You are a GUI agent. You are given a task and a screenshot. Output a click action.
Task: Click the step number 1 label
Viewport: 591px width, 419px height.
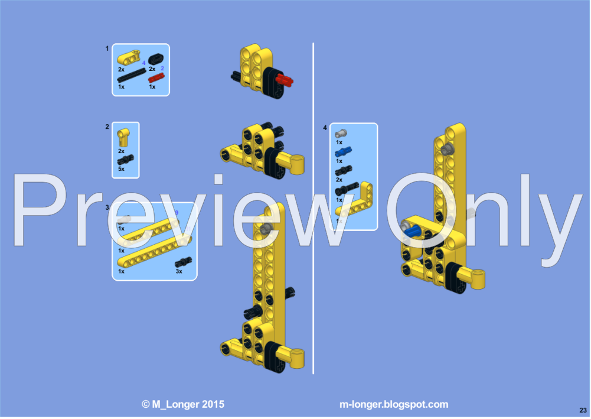tap(107, 48)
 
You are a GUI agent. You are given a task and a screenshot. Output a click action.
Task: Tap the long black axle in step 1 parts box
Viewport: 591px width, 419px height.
tap(132, 75)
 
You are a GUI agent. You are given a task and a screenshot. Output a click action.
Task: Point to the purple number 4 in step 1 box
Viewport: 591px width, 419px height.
tap(143, 63)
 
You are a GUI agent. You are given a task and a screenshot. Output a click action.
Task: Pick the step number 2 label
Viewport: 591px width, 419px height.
tap(107, 126)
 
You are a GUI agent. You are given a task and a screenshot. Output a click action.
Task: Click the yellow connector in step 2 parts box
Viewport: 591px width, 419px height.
tap(123, 138)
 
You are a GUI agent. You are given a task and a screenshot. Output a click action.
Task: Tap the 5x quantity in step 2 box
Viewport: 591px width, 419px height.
tap(122, 168)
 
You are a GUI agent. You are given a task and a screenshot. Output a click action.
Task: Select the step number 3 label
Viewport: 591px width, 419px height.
tap(107, 207)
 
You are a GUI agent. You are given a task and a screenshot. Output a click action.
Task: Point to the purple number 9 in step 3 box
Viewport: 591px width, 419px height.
tap(176, 213)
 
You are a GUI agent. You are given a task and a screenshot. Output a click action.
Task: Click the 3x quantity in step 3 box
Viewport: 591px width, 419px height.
tap(178, 271)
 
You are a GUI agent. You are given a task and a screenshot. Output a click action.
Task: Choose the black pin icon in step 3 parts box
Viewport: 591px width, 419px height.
tap(181, 262)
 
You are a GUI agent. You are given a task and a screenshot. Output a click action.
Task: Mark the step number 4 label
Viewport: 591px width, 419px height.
tap(325, 128)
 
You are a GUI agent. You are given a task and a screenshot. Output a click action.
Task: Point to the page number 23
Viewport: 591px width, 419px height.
tap(583, 410)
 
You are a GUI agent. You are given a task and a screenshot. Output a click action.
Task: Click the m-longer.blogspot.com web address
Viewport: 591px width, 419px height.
tap(394, 405)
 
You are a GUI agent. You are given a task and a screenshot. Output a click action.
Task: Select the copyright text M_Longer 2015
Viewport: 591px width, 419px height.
tap(183, 405)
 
